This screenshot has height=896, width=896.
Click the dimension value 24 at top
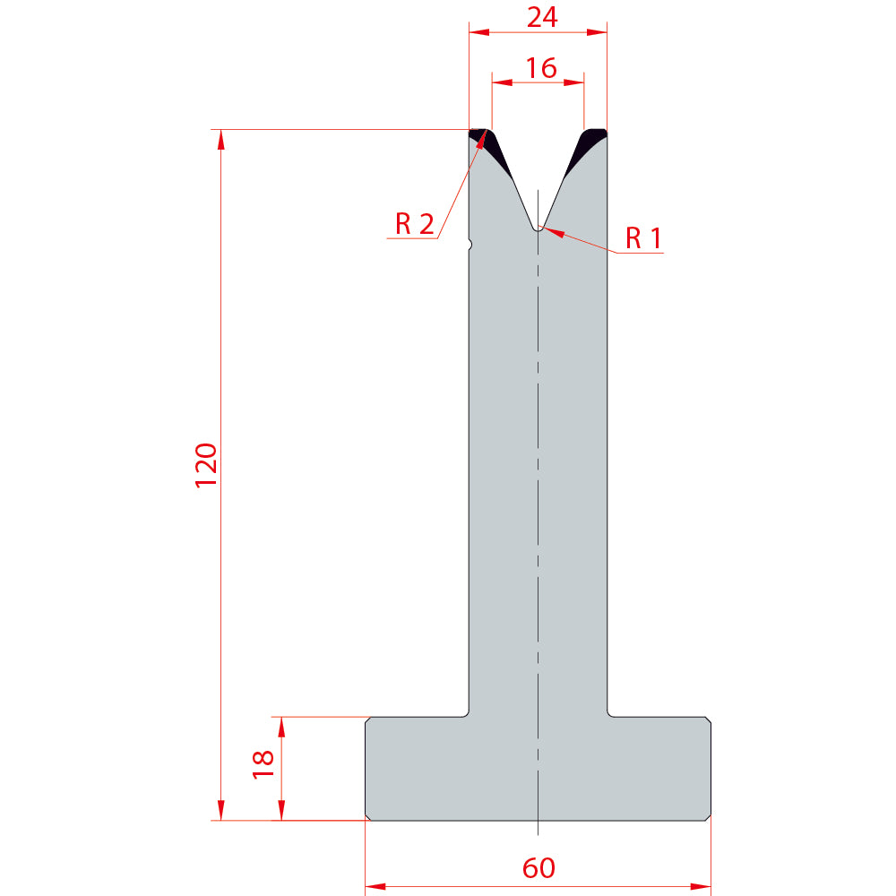tap(542, 17)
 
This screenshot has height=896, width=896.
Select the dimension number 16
tap(540, 68)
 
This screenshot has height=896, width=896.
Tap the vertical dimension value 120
tap(206, 465)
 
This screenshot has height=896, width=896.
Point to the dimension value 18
tap(263, 764)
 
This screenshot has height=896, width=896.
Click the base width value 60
tap(538, 868)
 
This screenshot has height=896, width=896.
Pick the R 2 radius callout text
tap(414, 223)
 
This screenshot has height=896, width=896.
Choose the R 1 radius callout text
tap(643, 237)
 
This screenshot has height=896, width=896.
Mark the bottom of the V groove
tap(538, 229)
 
